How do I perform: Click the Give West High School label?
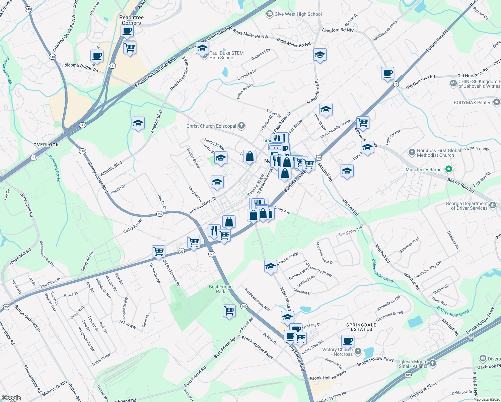tap(298, 14)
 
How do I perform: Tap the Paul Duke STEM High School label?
tap(226, 55)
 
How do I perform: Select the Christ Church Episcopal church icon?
tap(241, 126)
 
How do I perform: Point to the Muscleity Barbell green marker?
tap(449, 170)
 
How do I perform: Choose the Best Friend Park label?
tap(220, 289)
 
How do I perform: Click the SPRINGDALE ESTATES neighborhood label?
tap(361, 327)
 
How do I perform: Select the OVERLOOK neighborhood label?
tap(46, 145)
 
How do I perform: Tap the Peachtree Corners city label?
tap(131, 20)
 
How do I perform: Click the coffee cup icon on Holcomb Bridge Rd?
tap(97, 56)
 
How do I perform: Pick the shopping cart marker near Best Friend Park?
tap(229, 311)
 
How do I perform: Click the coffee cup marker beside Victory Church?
tap(348, 341)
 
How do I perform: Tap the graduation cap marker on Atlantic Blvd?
tap(138, 123)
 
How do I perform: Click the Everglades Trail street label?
tap(350, 231)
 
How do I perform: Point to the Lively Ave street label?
tap(282, 210)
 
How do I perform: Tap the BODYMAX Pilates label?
tap(472, 103)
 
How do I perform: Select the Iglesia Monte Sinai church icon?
tap(433, 363)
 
